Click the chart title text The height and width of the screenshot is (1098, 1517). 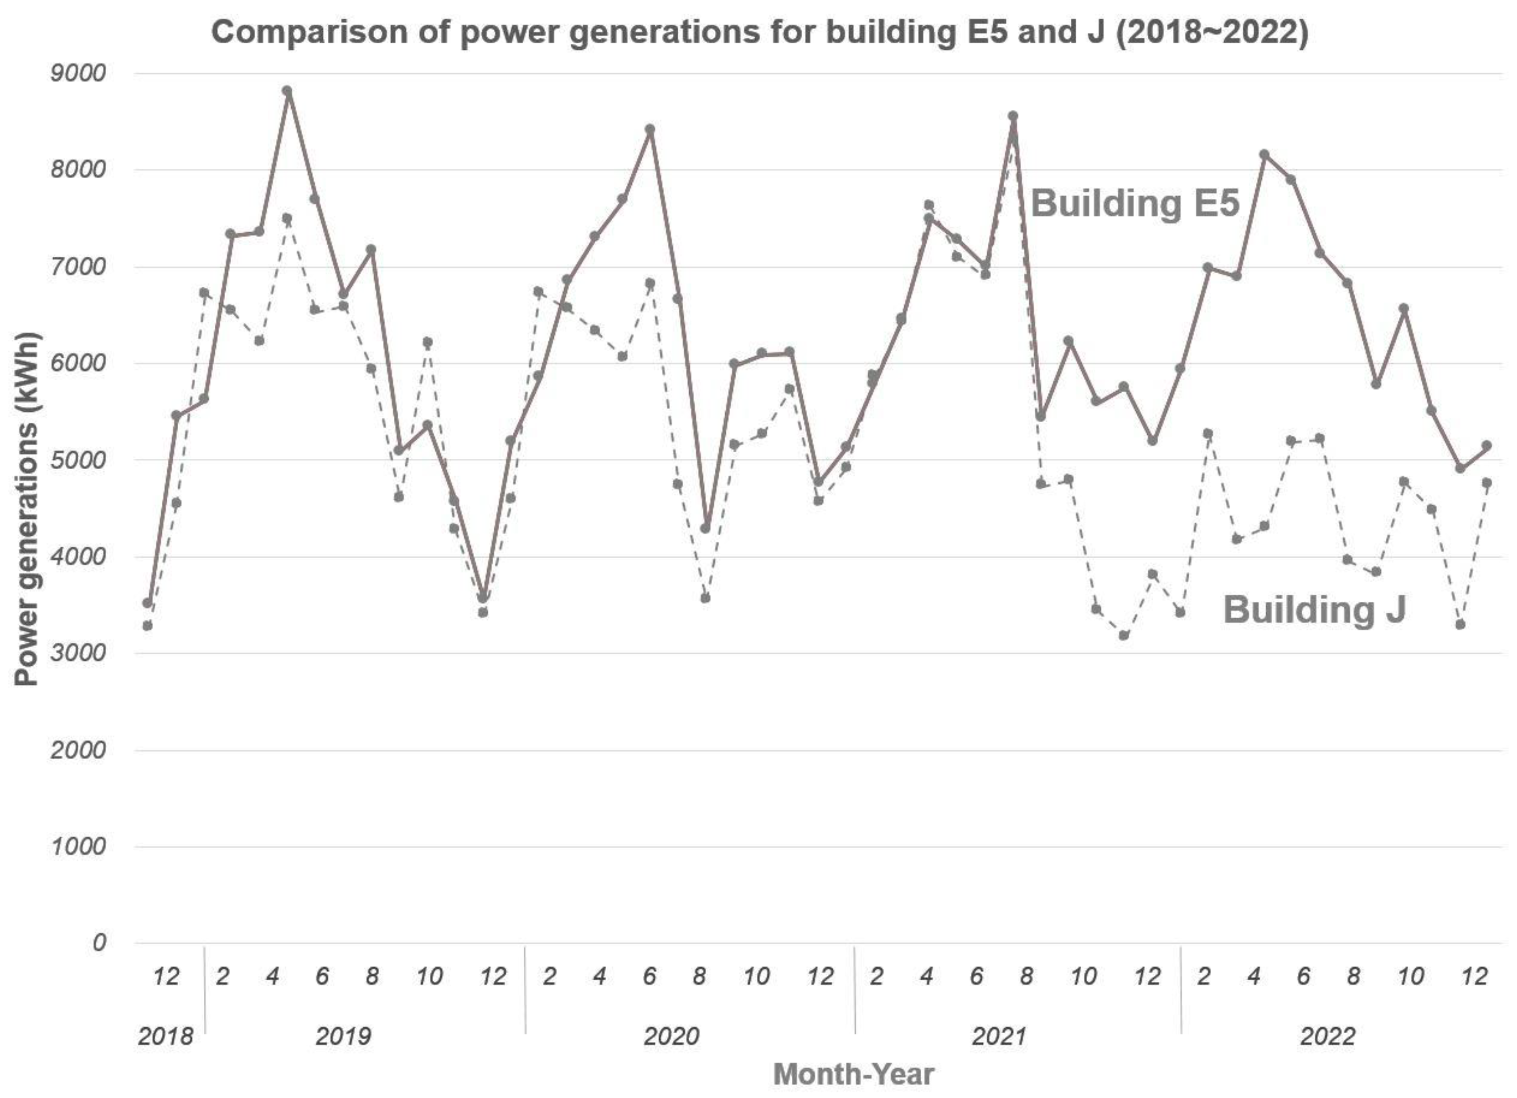pyautogui.click(x=759, y=32)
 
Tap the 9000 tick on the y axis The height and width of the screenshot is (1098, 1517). pyautogui.click(x=78, y=73)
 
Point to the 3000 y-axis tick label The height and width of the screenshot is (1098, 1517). pyautogui.click(x=78, y=653)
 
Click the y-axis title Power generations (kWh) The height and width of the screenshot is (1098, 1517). pyautogui.click(x=27, y=508)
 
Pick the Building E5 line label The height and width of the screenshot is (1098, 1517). pyautogui.click(x=1135, y=203)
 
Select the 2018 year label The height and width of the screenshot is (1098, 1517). pyautogui.click(x=165, y=1036)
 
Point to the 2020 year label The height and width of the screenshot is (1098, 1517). pyautogui.click(x=671, y=1036)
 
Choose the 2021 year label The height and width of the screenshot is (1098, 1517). pyautogui.click(x=999, y=1036)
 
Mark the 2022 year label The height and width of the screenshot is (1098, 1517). pyautogui.click(x=1327, y=1036)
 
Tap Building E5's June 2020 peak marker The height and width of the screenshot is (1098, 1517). pyautogui.click(x=650, y=129)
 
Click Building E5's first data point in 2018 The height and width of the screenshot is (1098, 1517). pyautogui.click(x=148, y=603)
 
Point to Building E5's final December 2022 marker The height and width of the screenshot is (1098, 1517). pyautogui.click(x=1487, y=445)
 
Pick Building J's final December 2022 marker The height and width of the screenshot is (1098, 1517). pyautogui.click(x=1487, y=482)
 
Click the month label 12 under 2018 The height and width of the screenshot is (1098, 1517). pyautogui.click(x=166, y=977)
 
